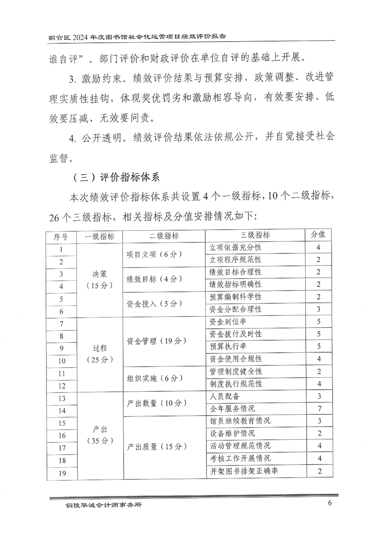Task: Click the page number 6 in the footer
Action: [330, 503]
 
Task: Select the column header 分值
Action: [319, 235]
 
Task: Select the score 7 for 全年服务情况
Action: [319, 409]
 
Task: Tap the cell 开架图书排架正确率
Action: [244, 471]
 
